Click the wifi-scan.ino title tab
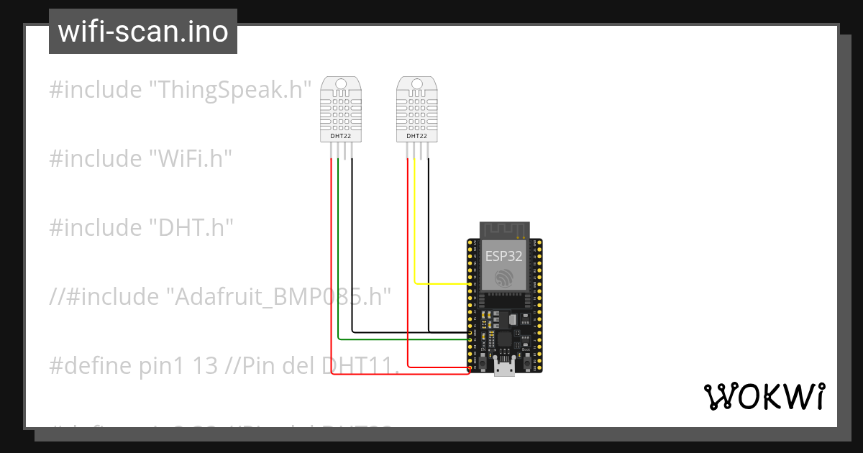tap(143, 32)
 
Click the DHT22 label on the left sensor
tap(340, 135)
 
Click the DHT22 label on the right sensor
tap(416, 135)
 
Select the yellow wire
tap(416, 237)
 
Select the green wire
tap(338, 273)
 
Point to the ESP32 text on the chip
tap(503, 255)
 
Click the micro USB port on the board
tap(504, 370)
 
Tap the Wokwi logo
tap(763, 397)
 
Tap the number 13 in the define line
tap(206, 365)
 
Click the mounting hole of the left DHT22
tap(341, 84)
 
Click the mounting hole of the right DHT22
tap(416, 84)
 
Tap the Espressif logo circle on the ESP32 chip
tap(503, 277)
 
